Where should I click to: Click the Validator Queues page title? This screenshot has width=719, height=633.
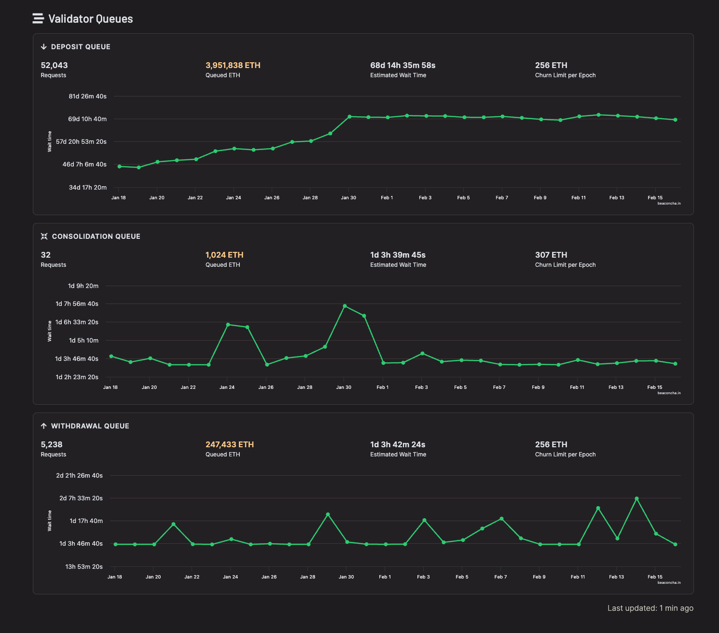(90, 19)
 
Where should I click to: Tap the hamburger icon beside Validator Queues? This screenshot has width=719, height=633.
(38, 19)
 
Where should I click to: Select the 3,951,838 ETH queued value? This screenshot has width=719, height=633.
(233, 65)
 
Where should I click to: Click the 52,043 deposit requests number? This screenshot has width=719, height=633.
(54, 65)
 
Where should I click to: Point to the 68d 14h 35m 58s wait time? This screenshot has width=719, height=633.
(402, 65)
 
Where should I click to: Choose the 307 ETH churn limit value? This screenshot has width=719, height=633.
(551, 255)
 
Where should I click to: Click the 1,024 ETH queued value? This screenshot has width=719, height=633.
(224, 255)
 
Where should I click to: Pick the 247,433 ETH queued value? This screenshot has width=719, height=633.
(229, 444)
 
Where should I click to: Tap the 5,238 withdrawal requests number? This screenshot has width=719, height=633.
(52, 444)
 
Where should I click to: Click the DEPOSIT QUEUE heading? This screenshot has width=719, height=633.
(81, 47)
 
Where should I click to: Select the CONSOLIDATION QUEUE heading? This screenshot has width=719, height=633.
(96, 236)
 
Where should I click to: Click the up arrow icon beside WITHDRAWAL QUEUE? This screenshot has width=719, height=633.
(44, 426)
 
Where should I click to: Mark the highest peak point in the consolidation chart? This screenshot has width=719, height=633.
(345, 306)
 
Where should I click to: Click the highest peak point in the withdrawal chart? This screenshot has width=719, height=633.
(636, 498)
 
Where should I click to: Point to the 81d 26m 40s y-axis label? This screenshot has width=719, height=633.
(87, 96)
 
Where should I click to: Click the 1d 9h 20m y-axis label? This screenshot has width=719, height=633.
(83, 286)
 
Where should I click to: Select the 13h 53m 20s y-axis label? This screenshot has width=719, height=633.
(84, 566)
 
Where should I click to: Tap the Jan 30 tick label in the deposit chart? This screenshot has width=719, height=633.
(348, 198)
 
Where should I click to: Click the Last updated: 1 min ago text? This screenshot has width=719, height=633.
(650, 608)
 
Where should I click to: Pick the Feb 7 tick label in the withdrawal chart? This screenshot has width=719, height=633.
(500, 577)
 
